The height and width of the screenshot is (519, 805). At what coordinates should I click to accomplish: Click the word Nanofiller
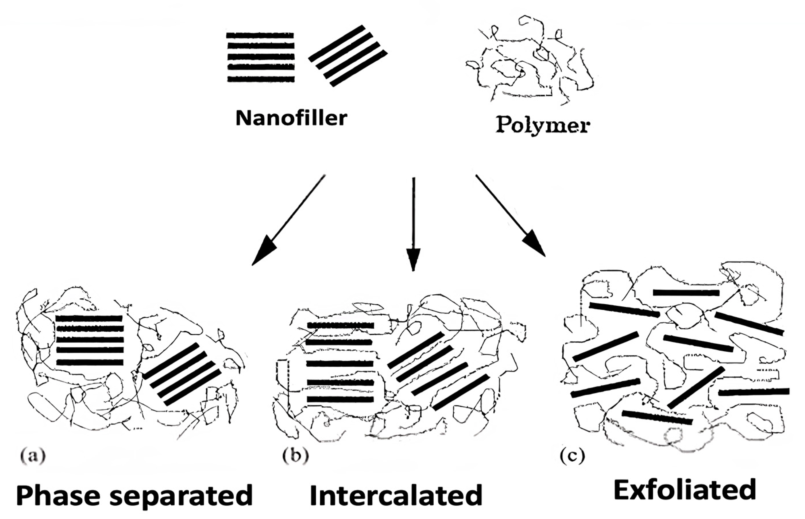[x=291, y=118]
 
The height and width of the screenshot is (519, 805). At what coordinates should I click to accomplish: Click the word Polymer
[x=543, y=126]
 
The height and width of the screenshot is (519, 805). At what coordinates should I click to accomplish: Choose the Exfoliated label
[x=685, y=491]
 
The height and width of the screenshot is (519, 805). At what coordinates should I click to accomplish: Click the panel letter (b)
[x=295, y=456]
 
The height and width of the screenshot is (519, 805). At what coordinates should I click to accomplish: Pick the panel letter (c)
[x=573, y=456]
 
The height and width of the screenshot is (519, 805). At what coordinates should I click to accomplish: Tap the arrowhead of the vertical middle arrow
[x=413, y=259]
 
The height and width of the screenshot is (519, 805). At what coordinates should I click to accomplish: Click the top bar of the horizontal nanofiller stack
[x=260, y=35]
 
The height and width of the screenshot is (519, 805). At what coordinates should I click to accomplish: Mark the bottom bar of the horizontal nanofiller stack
[x=261, y=79]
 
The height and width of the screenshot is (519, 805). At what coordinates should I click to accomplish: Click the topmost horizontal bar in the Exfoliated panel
[x=686, y=292]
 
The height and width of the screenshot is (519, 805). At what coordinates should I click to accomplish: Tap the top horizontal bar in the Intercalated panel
[x=340, y=326]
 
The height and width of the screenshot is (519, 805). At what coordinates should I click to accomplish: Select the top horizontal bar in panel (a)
[x=89, y=318]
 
